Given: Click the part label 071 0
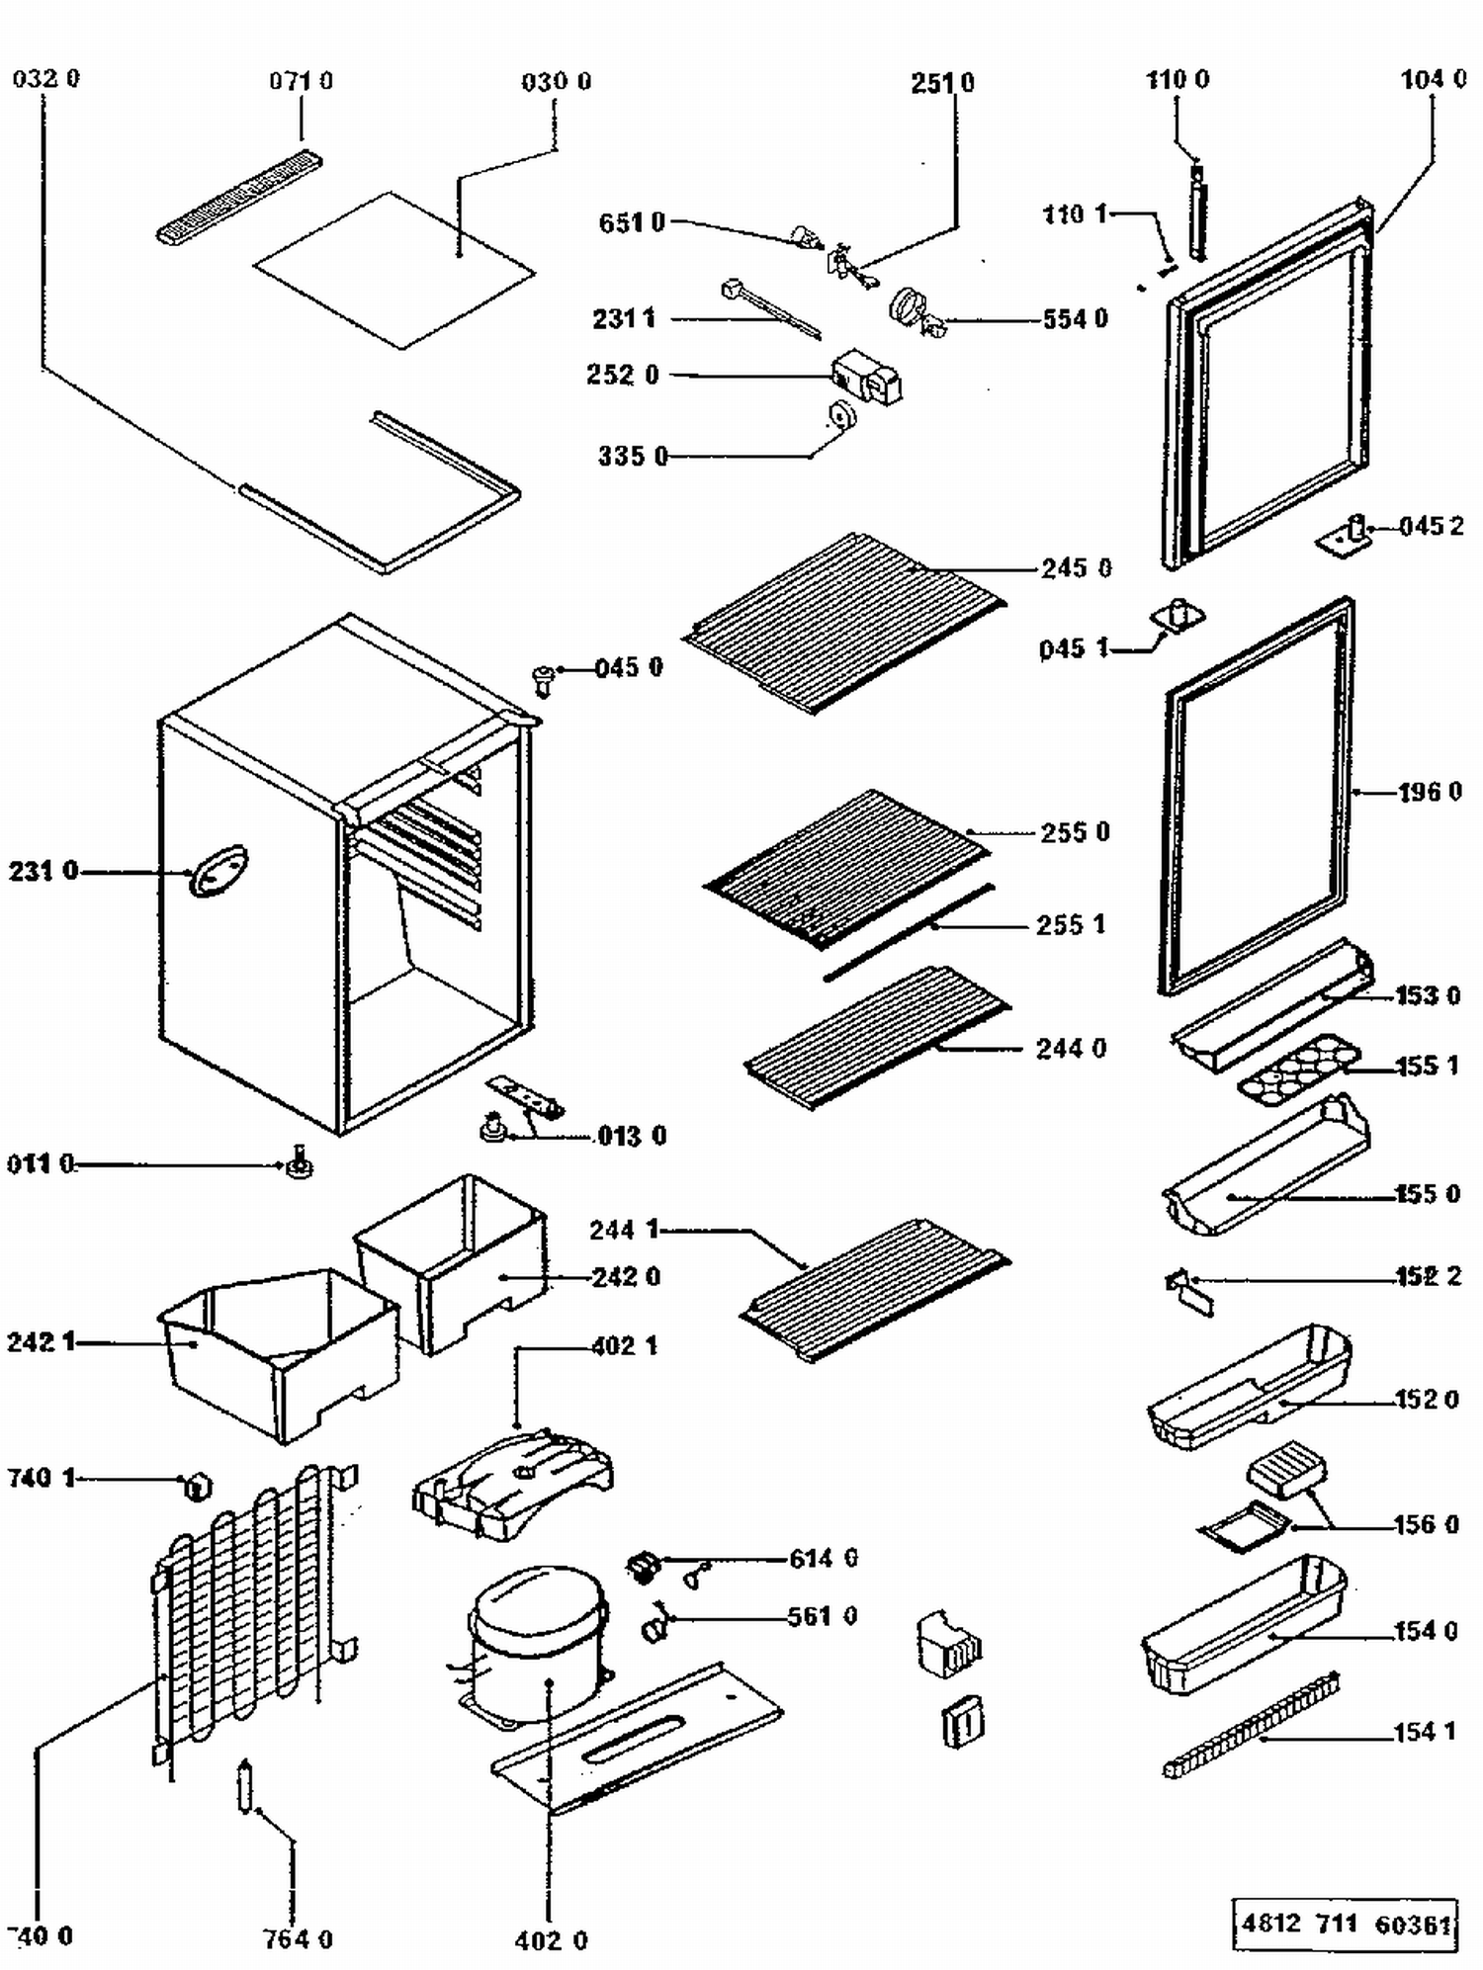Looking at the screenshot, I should pos(301,81).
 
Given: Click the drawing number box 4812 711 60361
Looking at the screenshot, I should pos(1346,1924).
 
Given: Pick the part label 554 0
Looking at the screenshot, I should pos(1075,319).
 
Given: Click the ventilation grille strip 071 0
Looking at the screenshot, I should pos(240,196).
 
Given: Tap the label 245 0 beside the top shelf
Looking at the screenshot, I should pos(1076,568).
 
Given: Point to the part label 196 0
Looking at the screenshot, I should pos(1430,792).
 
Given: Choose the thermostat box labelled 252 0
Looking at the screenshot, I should pos(866,378).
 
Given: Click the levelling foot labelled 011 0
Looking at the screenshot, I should pos(299,1163).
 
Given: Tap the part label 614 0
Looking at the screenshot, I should pos(823,1559).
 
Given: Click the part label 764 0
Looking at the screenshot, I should pos(298,1939).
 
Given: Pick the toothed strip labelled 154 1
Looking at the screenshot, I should pos(1252,1724).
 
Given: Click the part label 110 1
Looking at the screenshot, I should pos(1077,214).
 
